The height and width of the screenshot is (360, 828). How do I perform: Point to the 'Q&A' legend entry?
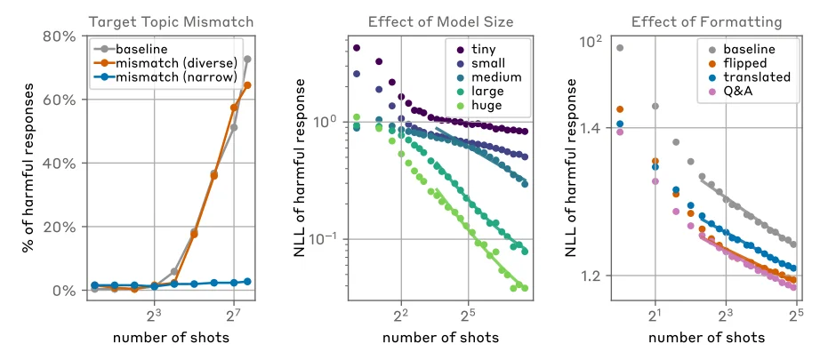click(737, 91)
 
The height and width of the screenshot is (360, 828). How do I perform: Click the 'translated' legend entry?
click(752, 76)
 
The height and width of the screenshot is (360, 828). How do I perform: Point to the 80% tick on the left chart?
click(60, 36)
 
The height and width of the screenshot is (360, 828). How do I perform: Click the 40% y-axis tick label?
click(60, 164)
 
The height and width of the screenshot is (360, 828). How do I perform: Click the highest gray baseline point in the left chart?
click(247, 60)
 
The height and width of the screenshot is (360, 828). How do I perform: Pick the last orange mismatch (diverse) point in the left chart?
click(247, 85)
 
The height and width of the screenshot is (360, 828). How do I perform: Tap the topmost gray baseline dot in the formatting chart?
click(620, 48)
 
